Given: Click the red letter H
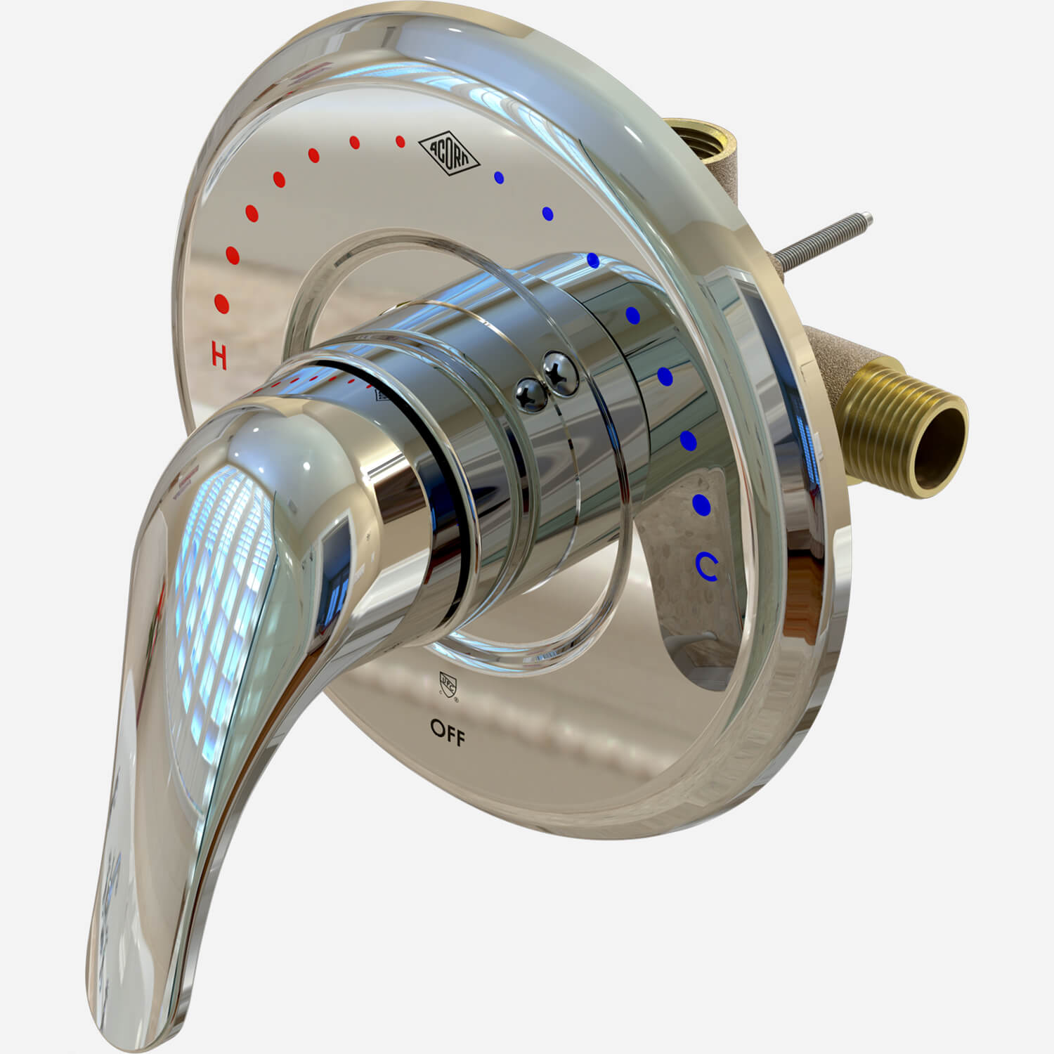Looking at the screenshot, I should pyautogui.click(x=219, y=356).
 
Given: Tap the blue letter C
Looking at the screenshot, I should pyautogui.click(x=707, y=568).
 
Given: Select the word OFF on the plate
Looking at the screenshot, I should pyautogui.click(x=448, y=732).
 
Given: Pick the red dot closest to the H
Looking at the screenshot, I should pyautogui.click(x=222, y=304).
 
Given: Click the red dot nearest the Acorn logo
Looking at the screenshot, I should pyautogui.click(x=401, y=142).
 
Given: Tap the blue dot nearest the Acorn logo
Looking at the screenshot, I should pyautogui.click(x=500, y=178).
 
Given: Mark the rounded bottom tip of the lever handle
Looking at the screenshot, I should pyautogui.click(x=134, y=1012).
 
